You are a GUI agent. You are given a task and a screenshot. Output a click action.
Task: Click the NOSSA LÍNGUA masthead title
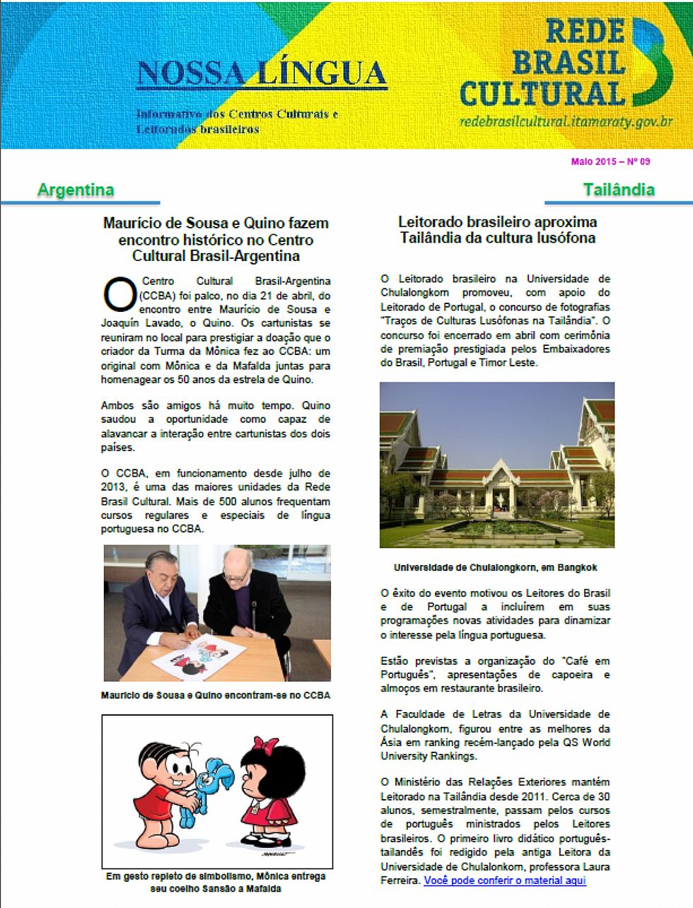pos(262,74)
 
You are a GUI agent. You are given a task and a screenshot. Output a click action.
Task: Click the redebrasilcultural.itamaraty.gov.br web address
pos(566,122)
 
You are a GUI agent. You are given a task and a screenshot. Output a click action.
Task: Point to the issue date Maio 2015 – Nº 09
pos(610,161)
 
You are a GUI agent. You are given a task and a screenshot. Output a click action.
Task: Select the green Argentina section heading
pos(76,190)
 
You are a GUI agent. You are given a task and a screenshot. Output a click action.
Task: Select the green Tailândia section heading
pos(619,190)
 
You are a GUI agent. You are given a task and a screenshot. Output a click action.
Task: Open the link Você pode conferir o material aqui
pos(505,880)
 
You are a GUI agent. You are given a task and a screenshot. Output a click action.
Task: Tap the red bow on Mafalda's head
pos(266,745)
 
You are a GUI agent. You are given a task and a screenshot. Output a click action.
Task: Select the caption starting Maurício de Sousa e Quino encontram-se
pos(216,695)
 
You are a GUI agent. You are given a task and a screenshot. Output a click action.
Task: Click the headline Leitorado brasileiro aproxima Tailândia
pos(497,230)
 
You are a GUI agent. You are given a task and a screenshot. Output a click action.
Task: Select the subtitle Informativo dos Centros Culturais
pos(237,121)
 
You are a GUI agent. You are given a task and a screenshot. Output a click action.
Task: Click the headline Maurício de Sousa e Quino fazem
pos(216,239)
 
